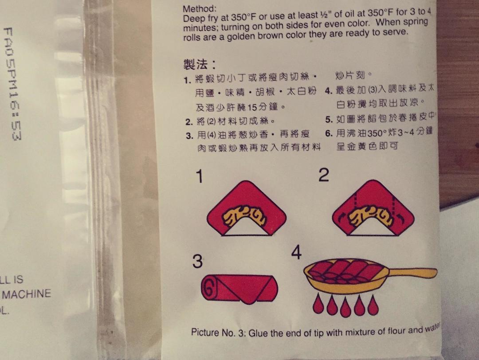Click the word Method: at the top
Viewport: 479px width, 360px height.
[200, 9]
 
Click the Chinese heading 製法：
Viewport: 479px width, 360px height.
[200, 65]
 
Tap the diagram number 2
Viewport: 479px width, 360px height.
[324, 176]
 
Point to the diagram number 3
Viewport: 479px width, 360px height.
[197, 262]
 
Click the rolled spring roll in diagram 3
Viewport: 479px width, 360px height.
[239, 288]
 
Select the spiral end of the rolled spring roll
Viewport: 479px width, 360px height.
[210, 288]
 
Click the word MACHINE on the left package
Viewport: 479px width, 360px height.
[27, 294]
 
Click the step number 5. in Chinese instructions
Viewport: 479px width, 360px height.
[329, 120]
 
